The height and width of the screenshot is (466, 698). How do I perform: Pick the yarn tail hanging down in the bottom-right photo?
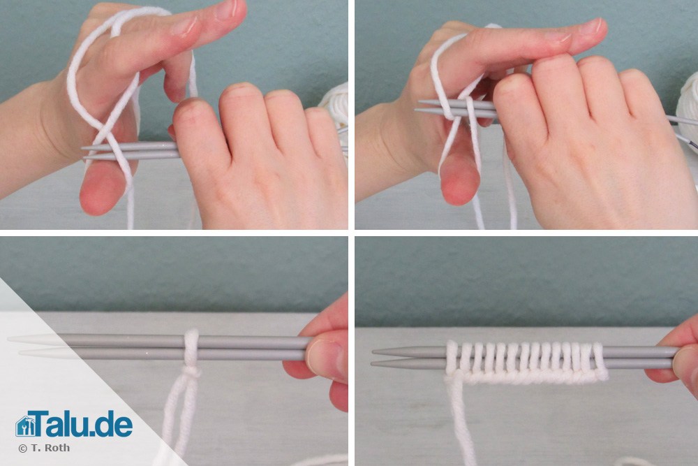[459, 423]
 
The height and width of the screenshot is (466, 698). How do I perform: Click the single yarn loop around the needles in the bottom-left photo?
[192, 347]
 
